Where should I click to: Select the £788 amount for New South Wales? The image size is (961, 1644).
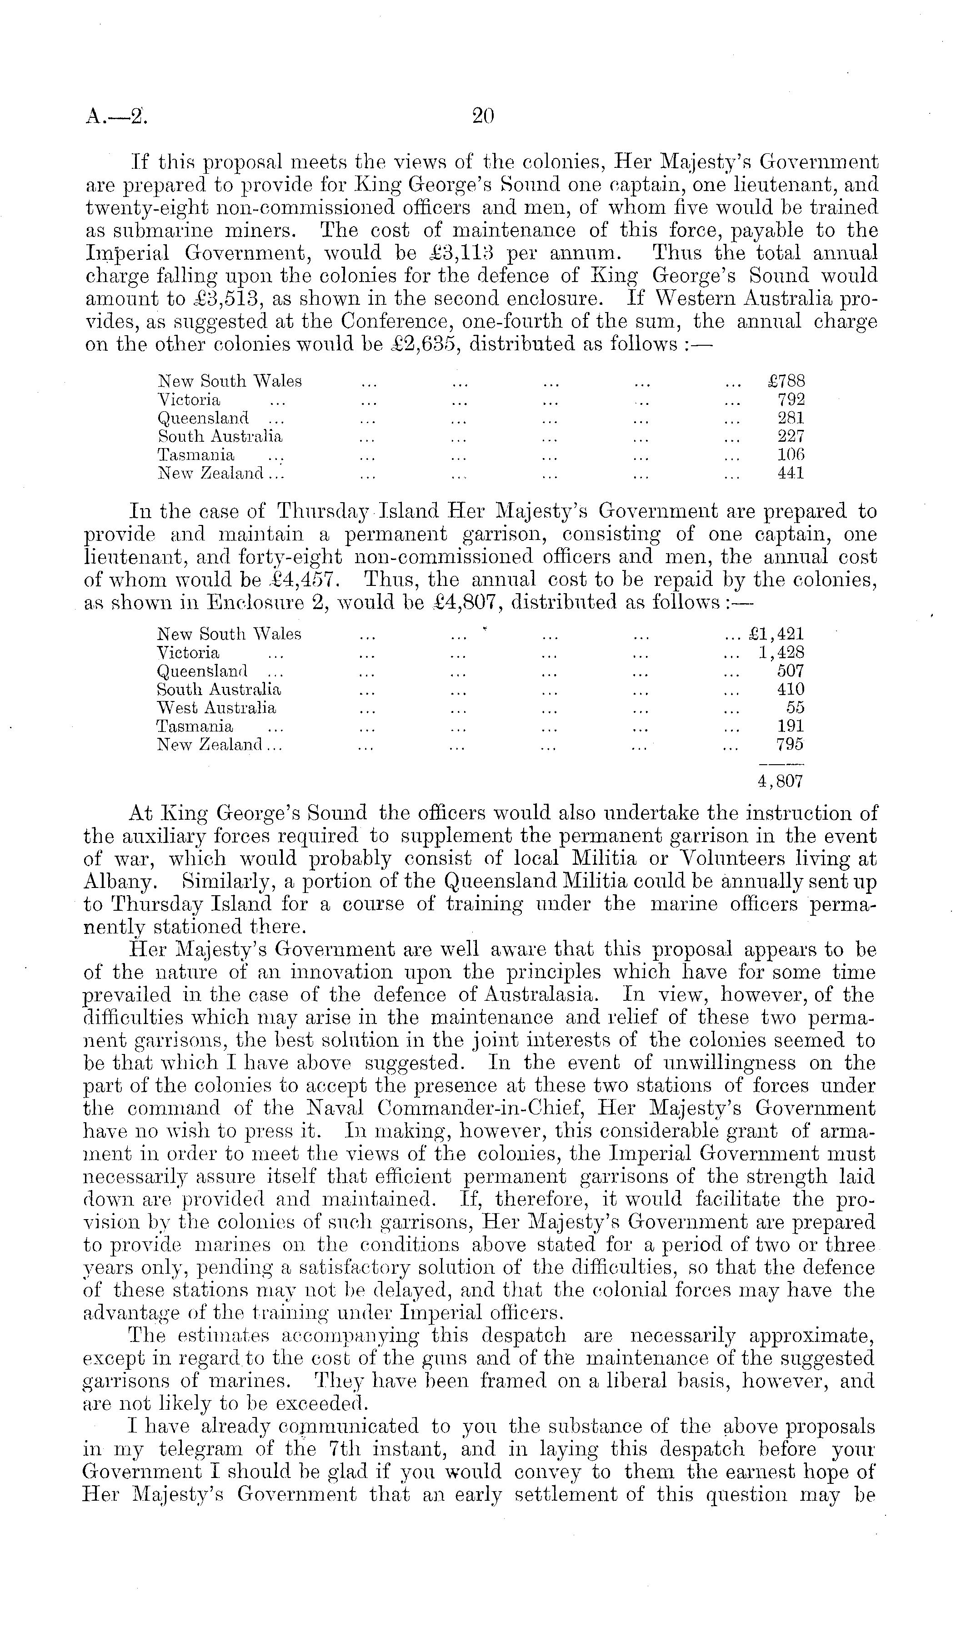click(787, 381)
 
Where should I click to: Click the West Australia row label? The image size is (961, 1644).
click(216, 708)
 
